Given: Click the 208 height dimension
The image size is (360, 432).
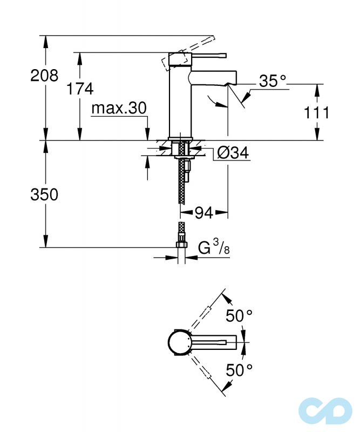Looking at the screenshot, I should click(44, 75).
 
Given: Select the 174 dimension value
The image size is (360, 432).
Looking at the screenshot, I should click(80, 89).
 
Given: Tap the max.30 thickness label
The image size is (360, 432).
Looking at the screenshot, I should click(118, 109).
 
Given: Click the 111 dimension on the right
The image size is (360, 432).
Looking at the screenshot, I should click(316, 112).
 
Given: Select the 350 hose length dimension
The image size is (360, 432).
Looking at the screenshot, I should click(44, 194).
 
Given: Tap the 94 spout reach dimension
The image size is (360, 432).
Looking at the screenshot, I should click(203, 213).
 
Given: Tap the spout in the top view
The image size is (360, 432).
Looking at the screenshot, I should click(213, 342).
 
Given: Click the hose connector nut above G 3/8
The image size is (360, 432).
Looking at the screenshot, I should click(182, 246).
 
